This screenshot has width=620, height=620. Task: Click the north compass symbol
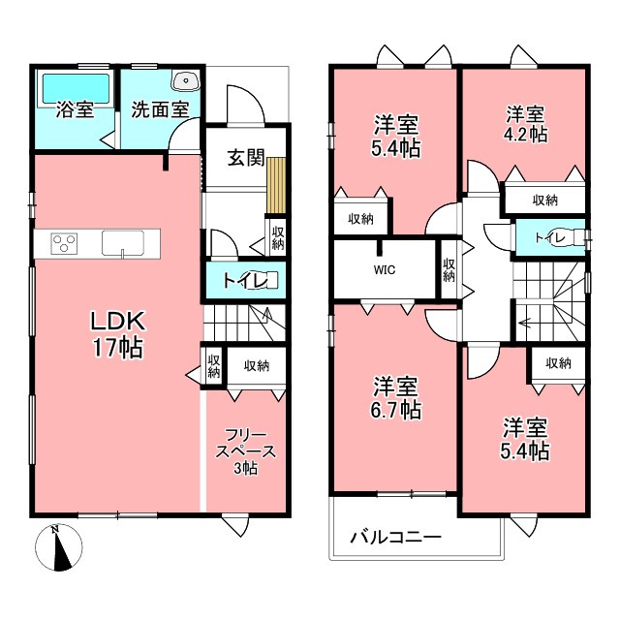(x=58, y=547)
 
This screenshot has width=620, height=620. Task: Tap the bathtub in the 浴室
(x=76, y=88)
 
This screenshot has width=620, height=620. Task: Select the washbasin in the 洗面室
(x=186, y=80)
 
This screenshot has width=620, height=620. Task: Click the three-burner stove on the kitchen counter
(x=64, y=243)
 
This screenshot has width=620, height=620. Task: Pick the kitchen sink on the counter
(x=123, y=243)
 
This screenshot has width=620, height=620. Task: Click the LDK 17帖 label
(x=118, y=334)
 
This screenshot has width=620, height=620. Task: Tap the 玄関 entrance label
(x=245, y=158)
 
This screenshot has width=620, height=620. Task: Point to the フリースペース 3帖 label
(x=245, y=451)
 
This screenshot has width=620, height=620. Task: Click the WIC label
(x=385, y=270)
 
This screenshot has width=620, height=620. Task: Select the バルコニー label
(x=396, y=538)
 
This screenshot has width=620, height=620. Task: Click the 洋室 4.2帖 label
(x=525, y=124)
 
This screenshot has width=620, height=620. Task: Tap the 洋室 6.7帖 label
(x=395, y=398)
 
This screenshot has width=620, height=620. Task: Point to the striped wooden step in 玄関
(x=275, y=185)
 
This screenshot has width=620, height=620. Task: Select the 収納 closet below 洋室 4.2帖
(x=544, y=200)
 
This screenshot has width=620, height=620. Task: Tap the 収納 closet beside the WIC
(x=449, y=269)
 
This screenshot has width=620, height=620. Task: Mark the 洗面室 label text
(x=160, y=109)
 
